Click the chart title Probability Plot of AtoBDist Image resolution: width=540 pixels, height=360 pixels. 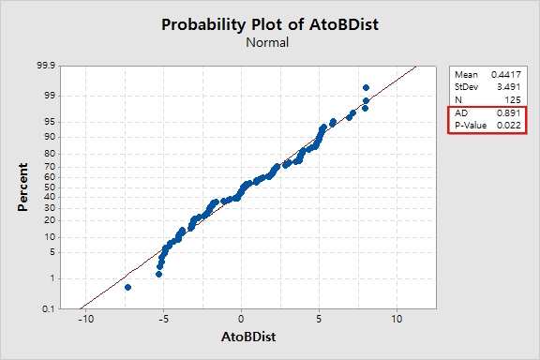(x=270, y=24)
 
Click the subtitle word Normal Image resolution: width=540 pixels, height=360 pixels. (x=267, y=42)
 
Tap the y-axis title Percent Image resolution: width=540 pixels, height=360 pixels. (x=22, y=187)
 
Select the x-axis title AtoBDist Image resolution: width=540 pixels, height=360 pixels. (x=248, y=337)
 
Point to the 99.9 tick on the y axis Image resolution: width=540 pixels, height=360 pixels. (x=46, y=65)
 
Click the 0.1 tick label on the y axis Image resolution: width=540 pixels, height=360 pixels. (x=49, y=309)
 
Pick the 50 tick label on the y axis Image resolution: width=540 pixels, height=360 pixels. (x=50, y=187)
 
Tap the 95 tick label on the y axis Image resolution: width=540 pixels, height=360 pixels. (x=50, y=122)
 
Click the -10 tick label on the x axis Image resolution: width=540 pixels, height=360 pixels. (x=85, y=319)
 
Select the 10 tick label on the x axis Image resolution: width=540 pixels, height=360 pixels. (x=397, y=319)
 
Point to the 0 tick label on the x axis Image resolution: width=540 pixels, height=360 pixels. (x=241, y=319)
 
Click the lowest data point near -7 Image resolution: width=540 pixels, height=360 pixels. (x=127, y=287)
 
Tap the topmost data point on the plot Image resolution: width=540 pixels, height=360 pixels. (x=366, y=87)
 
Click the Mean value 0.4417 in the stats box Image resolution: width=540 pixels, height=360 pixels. (x=506, y=74)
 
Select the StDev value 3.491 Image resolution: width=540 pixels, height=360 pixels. (x=508, y=87)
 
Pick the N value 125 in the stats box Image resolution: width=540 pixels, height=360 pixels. (x=513, y=100)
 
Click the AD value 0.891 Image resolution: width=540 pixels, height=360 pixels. (x=508, y=113)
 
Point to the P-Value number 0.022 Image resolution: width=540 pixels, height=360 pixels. (x=508, y=126)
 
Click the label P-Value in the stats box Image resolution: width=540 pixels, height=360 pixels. (x=471, y=126)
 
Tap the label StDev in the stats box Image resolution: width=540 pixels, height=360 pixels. (x=466, y=87)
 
